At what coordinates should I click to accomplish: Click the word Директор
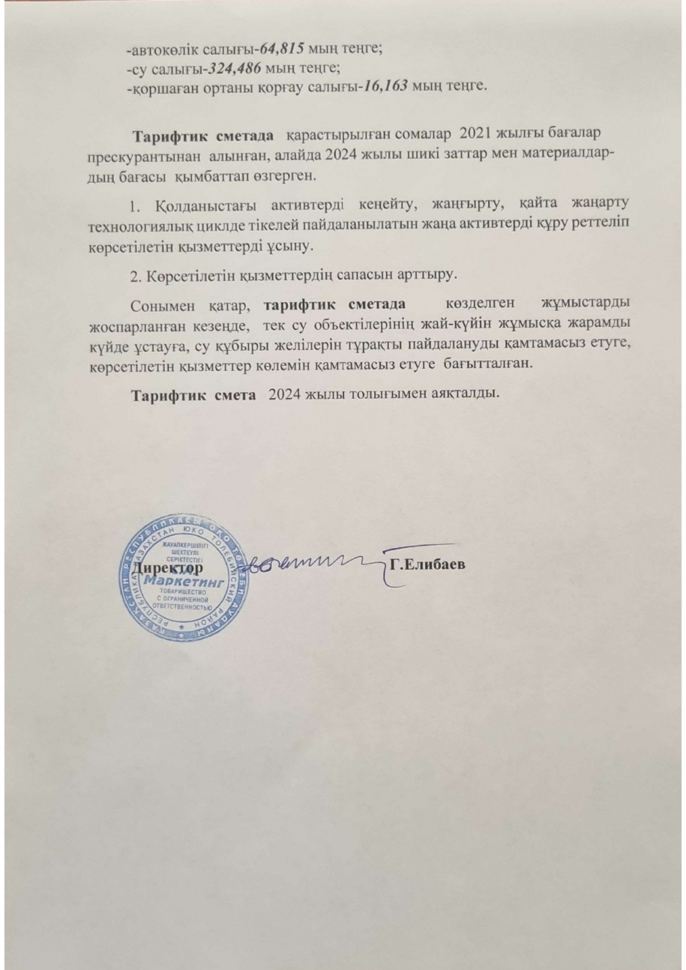click(167, 565)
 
